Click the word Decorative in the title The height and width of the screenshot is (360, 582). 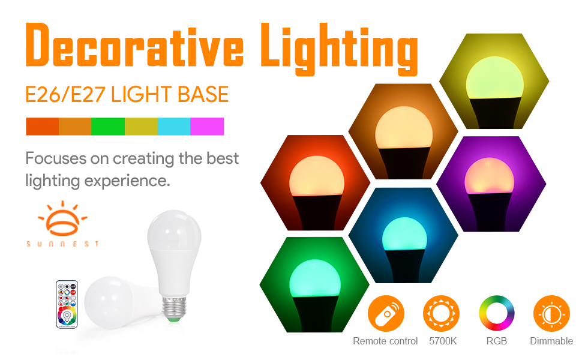pyautogui.click(x=134, y=45)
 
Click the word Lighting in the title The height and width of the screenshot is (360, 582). pyautogui.click(x=339, y=49)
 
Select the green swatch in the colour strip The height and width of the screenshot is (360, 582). pyautogui.click(x=108, y=127)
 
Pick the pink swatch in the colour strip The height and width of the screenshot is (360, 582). pyautogui.click(x=207, y=127)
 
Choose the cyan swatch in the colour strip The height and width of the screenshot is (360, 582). pyautogui.click(x=174, y=127)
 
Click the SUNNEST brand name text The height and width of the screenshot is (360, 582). pyautogui.click(x=63, y=244)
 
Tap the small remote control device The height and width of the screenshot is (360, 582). pyautogui.click(x=67, y=304)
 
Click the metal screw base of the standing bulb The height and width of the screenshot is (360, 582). pyautogui.click(x=174, y=307)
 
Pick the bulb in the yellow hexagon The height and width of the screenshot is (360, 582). pyautogui.click(x=495, y=92)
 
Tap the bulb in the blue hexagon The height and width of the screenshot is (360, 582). pyautogui.click(x=404, y=248)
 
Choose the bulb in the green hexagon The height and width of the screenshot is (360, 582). pyautogui.click(x=315, y=295)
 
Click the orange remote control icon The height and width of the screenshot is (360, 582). pyautogui.click(x=386, y=314)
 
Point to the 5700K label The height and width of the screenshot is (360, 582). pyautogui.click(x=443, y=341)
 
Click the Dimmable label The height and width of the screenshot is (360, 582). pyautogui.click(x=551, y=341)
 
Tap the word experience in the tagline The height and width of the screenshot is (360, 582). pyautogui.click(x=127, y=181)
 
